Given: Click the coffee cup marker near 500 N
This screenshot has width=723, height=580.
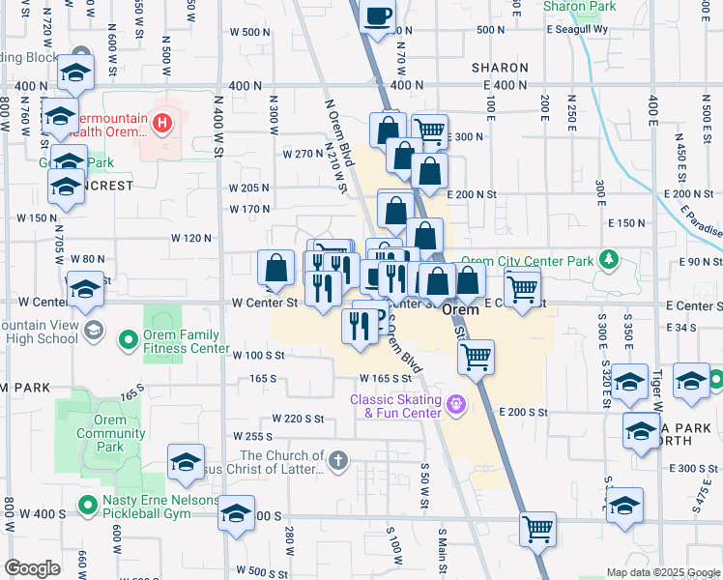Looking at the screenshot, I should pos(379,16).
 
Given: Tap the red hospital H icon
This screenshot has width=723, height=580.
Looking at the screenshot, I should pos(163,123).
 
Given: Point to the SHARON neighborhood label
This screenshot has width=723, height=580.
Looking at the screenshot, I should pos(500,68).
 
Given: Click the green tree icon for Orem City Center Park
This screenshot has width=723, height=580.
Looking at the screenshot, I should pos(608,259).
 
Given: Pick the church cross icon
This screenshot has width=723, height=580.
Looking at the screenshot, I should pos(337,460).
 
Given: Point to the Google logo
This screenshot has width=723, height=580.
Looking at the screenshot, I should pos(32,568).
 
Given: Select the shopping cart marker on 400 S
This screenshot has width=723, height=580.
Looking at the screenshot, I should pos(538,528).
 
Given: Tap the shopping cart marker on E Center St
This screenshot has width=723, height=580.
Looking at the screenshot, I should pos(522,287).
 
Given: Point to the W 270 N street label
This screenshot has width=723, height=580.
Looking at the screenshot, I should pos(303,154).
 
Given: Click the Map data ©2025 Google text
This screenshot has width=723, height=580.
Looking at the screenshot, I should pos(663,572).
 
